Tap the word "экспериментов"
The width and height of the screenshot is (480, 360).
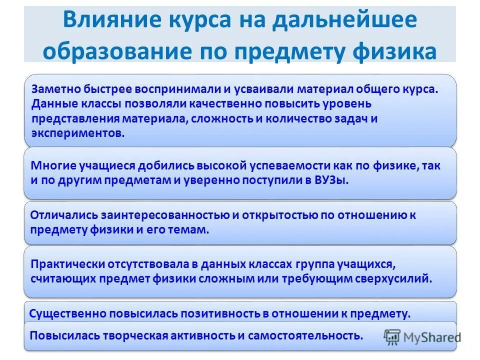(77, 133)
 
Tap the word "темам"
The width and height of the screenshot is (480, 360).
(190, 229)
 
